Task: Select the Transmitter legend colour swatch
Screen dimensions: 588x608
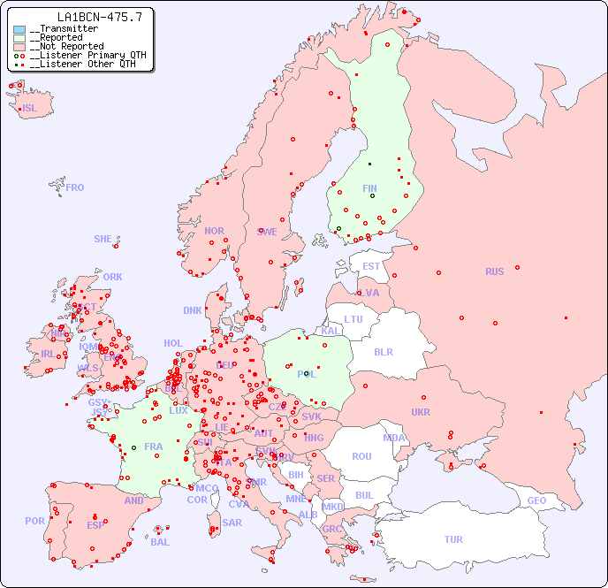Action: click(x=19, y=29)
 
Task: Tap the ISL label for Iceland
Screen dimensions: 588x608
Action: click(x=30, y=109)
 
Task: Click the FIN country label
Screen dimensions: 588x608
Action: click(x=369, y=188)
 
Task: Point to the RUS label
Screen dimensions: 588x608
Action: click(x=494, y=271)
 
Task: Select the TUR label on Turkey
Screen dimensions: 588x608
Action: click(x=453, y=539)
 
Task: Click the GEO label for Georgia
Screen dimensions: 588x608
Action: click(x=536, y=500)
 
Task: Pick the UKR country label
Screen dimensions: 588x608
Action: click(x=421, y=412)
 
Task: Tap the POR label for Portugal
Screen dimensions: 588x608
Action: click(x=34, y=521)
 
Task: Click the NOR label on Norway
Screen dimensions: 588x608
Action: click(x=214, y=231)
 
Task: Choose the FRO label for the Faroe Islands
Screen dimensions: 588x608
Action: click(x=75, y=187)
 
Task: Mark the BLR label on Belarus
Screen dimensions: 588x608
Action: click(x=383, y=351)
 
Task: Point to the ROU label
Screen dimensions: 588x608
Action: click(x=361, y=456)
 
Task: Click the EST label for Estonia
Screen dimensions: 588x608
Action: click(x=371, y=266)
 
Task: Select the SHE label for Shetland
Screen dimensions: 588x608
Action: click(x=103, y=239)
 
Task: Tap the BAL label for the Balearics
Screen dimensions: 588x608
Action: click(x=160, y=542)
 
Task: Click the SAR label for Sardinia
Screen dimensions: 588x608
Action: click(x=232, y=523)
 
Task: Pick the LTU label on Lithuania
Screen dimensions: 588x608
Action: click(x=353, y=319)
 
